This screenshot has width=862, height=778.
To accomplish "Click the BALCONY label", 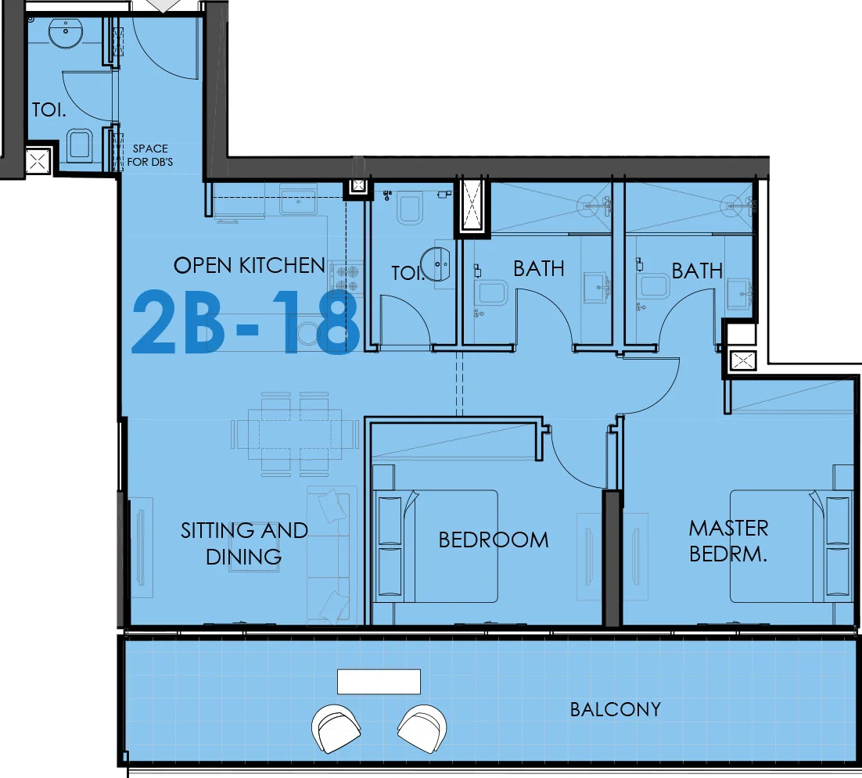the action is (615, 709).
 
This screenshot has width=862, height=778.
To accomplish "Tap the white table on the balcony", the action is (379, 682).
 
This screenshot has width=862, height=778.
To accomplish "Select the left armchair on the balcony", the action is (336, 729).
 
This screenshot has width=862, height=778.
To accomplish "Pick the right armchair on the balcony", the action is (422, 729).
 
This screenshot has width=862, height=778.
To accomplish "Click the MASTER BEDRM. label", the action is (728, 540).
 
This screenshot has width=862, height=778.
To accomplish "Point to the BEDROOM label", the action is (494, 540).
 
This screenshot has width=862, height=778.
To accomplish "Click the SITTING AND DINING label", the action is (244, 543).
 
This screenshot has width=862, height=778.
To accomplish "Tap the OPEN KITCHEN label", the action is (249, 265).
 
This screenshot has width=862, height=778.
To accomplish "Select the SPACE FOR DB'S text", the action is (150, 155).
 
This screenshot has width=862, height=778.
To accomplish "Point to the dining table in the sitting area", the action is (295, 433).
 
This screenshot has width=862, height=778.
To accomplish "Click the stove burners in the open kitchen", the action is (347, 278).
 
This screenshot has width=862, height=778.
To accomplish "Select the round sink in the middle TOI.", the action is (436, 265).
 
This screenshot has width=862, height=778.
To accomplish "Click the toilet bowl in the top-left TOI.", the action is (80, 145).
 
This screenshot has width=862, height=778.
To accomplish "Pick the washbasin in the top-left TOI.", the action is (66, 34).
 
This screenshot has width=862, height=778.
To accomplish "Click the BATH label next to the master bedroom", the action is (697, 271).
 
